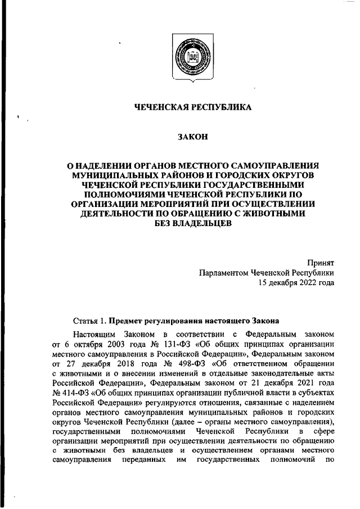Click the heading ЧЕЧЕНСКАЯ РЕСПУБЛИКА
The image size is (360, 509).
coord(193,107)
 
